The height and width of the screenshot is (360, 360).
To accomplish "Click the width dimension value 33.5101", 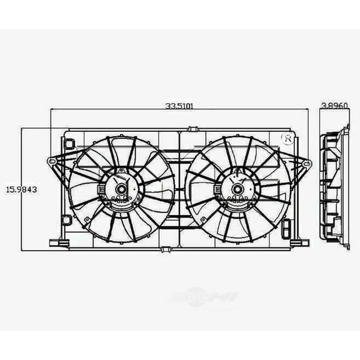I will pyautogui.click(x=179, y=106).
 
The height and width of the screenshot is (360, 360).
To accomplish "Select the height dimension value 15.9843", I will pyautogui.click(x=21, y=188).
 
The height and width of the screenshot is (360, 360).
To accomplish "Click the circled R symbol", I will pyautogui.click(x=288, y=139).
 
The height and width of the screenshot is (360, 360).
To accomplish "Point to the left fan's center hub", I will pyautogui.click(x=119, y=186).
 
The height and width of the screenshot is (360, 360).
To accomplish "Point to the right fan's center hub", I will pyautogui.click(x=237, y=186).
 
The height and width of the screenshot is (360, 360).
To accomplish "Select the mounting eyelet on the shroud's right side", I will pyautogui.click(x=306, y=164).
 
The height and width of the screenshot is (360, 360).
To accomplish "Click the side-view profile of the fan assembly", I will pyautogui.click(x=334, y=187).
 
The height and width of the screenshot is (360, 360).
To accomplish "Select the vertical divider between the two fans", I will pyautogui.click(x=179, y=187).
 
